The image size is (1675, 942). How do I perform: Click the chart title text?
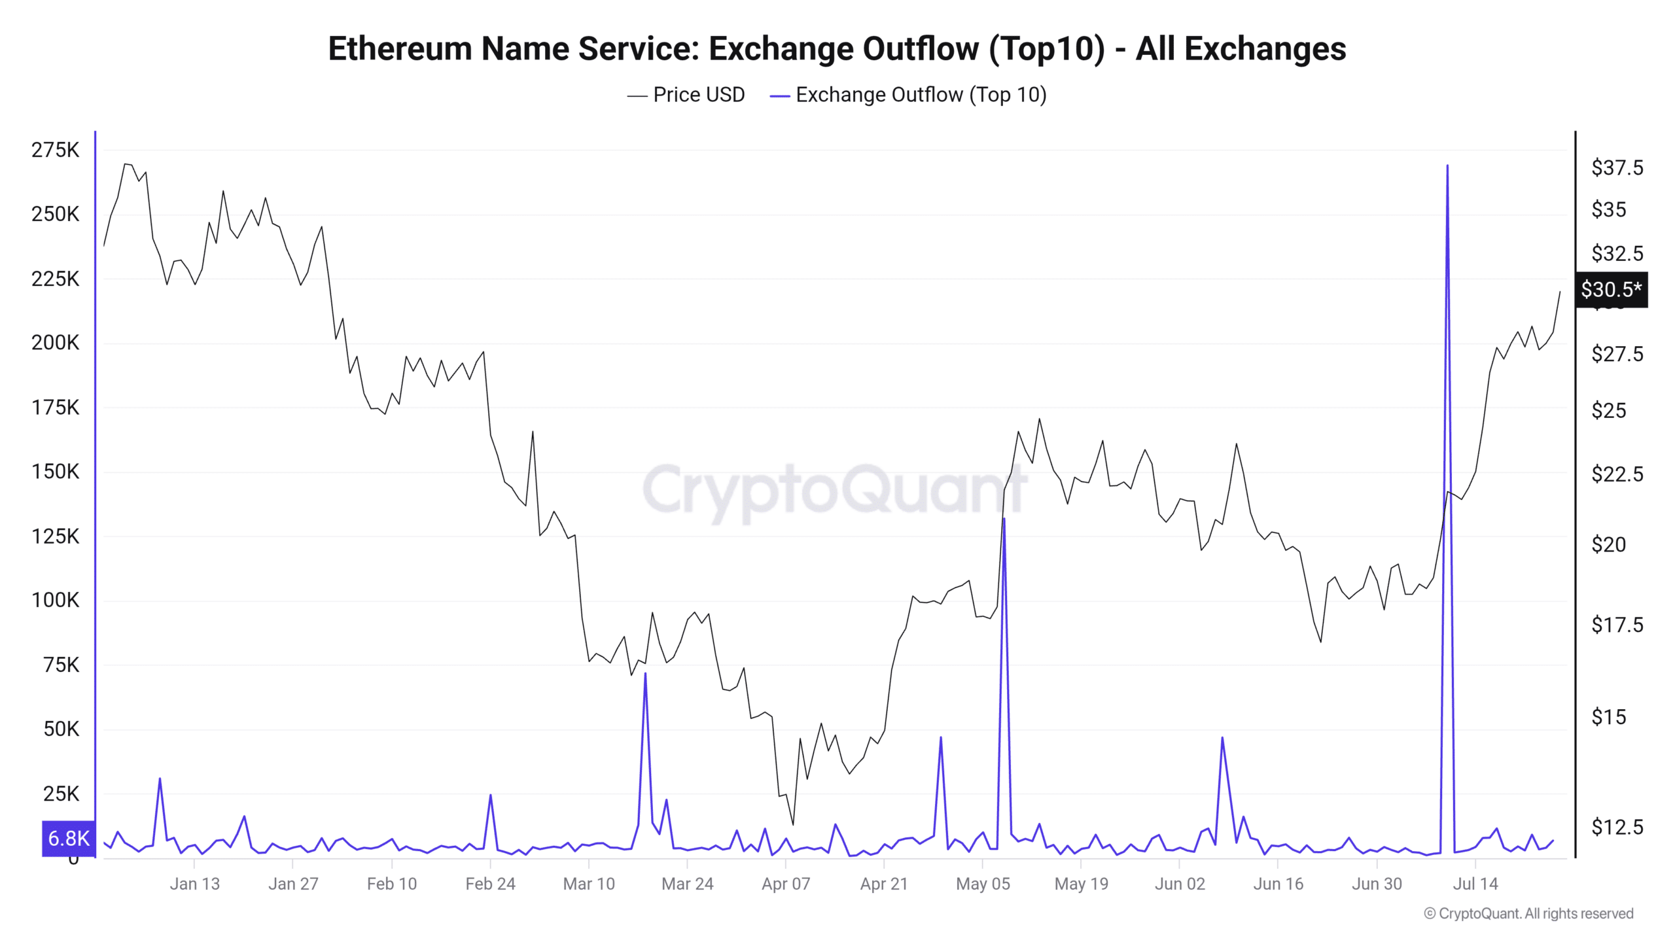pos(837,49)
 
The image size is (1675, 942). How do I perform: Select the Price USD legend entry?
pos(686,95)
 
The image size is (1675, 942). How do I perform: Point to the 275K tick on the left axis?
pos(55,150)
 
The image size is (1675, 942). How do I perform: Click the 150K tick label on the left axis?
pos(55,472)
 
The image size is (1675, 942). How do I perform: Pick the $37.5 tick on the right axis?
pos(1617,168)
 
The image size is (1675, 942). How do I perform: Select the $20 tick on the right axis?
pos(1608,544)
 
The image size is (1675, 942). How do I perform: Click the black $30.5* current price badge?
pos(1611,289)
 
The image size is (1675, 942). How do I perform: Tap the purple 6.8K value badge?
pos(69,838)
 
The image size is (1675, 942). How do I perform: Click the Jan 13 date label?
pos(194,884)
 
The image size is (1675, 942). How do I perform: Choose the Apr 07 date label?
pos(785,884)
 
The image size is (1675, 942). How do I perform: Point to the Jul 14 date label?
pos(1475,884)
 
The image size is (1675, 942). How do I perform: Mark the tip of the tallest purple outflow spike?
pos(1447,166)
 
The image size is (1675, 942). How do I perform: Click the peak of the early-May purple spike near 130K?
pos(1004,519)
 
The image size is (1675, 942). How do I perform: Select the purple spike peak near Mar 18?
pos(645,673)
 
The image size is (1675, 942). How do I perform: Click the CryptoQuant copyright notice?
pos(1528,913)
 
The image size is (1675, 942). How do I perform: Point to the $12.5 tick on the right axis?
pos(1617,827)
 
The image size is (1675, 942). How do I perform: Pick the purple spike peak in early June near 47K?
pos(1222,738)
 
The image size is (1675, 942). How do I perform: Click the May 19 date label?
pos(1081,884)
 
